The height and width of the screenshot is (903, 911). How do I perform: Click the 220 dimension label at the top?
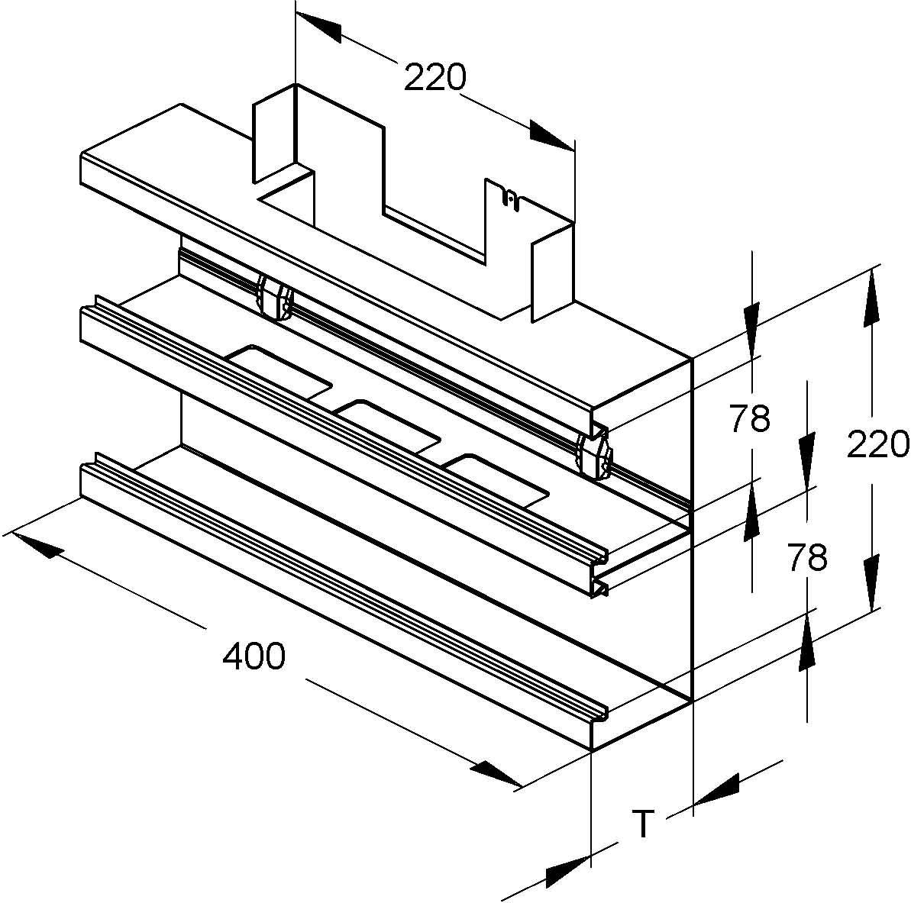point(435,77)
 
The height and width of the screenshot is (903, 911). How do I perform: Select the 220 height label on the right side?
point(877,444)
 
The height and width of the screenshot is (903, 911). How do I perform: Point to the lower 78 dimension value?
point(806,559)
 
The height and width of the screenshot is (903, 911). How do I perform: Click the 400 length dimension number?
point(254,656)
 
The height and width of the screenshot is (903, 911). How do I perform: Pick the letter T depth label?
point(644,824)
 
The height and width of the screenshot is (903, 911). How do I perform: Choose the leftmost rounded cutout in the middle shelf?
point(279,372)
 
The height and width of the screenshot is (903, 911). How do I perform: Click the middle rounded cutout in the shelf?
point(389,424)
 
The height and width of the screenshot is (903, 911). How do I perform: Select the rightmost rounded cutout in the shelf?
point(496,478)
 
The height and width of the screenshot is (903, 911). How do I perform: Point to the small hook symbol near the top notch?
point(510,198)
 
